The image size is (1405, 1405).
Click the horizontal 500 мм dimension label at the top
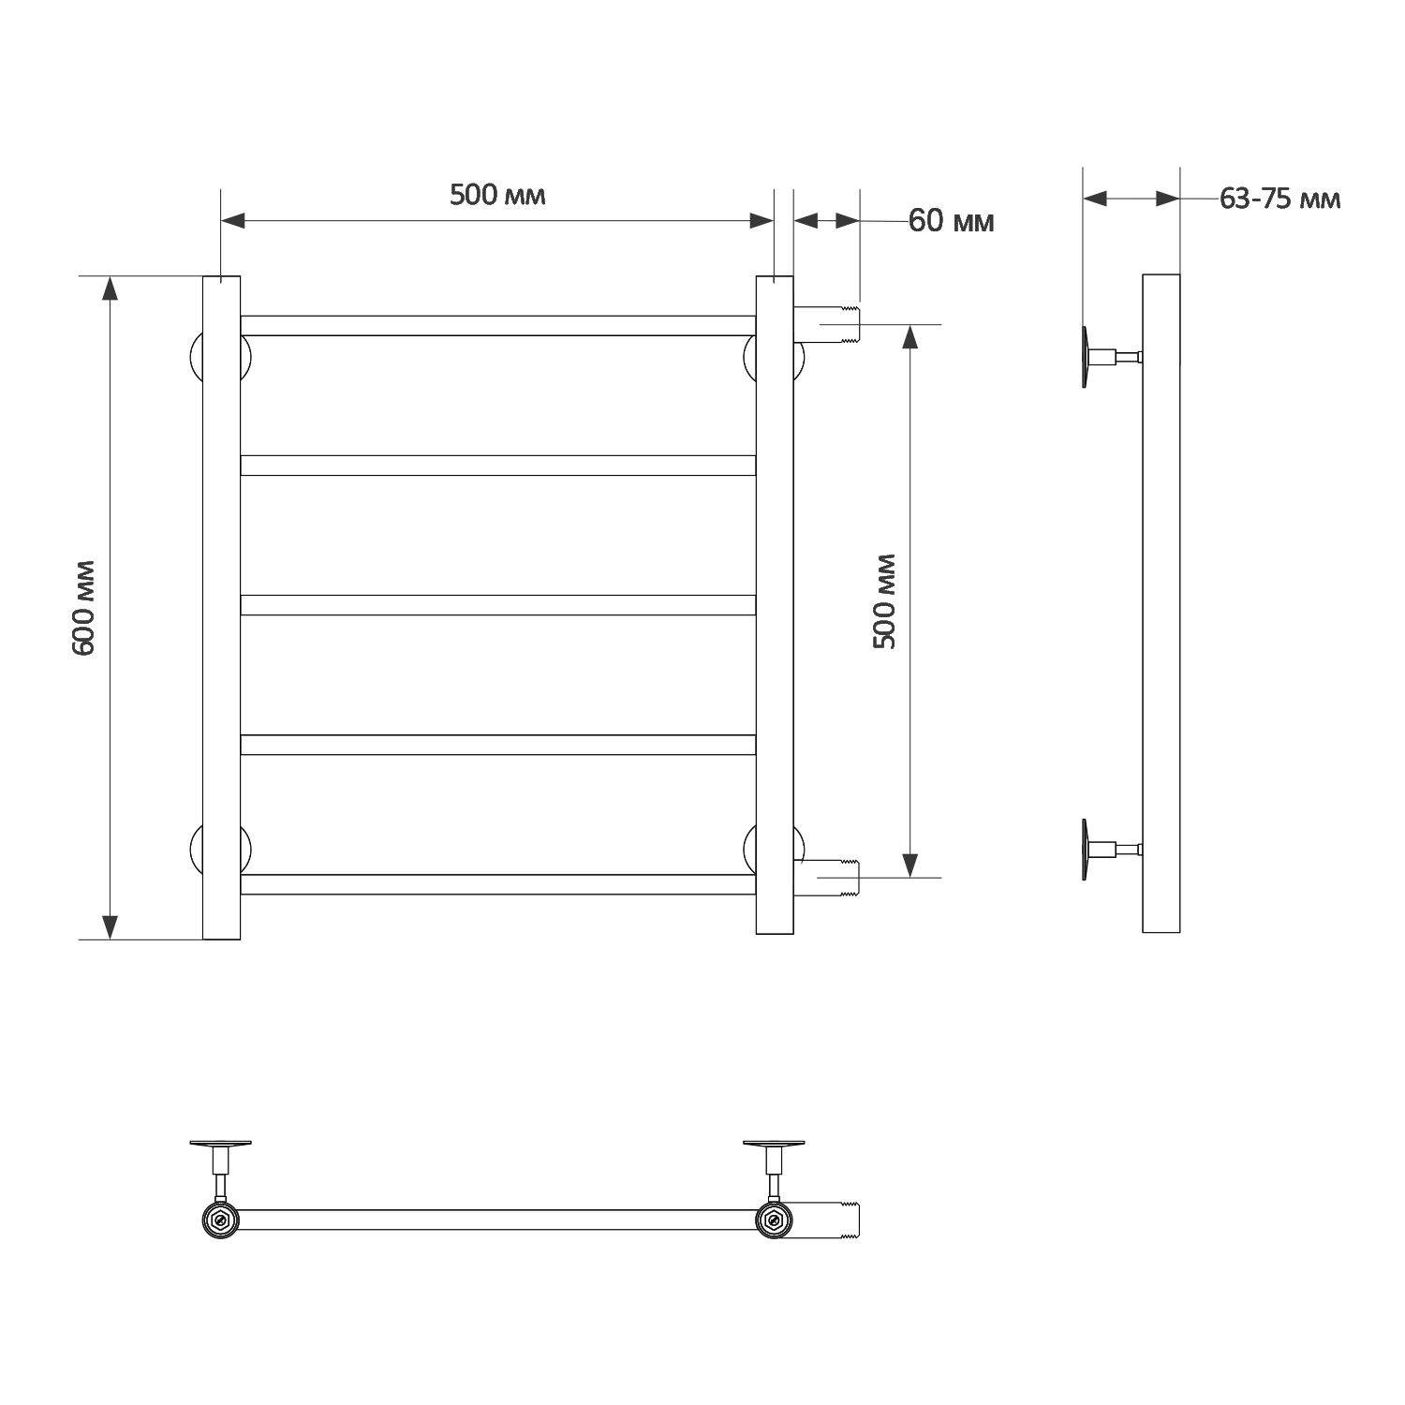497,195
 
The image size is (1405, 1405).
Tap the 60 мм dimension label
951,221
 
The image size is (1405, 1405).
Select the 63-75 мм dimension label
1279,199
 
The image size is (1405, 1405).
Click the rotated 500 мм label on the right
884,601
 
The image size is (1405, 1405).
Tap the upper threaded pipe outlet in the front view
826,324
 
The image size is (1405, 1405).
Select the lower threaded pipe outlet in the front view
826,879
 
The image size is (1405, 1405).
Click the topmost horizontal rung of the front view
498,326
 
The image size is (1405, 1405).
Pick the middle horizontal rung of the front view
498,605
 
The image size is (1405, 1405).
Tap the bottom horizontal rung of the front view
498,884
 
